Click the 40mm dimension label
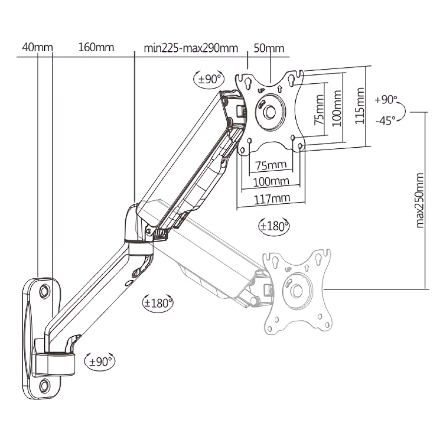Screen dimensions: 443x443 click(37, 48)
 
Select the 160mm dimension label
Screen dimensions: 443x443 click(96, 48)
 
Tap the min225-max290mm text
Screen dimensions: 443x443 click(190, 48)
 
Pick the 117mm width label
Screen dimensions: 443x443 click(272, 198)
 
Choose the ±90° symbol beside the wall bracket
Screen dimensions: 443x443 click(100, 361)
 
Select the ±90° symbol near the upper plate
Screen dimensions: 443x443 click(209, 79)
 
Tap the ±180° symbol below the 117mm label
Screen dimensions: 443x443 click(273, 226)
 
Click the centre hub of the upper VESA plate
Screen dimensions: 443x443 click(269, 111)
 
